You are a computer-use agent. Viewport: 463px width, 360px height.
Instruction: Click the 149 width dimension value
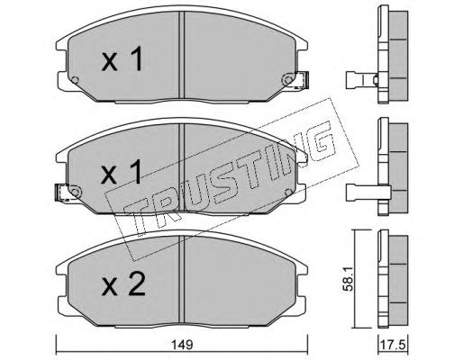click(182, 345)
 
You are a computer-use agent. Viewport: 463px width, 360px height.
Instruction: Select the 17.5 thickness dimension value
click(393, 345)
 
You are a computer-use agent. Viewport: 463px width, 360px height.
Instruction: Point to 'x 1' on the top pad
click(122, 59)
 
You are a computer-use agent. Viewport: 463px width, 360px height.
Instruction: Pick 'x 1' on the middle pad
click(122, 171)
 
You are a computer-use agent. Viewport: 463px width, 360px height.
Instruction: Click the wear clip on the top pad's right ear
click(302, 80)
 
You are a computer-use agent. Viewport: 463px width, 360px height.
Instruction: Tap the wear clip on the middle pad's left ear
click(62, 193)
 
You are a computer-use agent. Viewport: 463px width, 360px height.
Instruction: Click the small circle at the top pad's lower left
click(76, 80)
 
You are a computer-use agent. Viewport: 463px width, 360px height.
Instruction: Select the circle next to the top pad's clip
click(288, 80)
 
